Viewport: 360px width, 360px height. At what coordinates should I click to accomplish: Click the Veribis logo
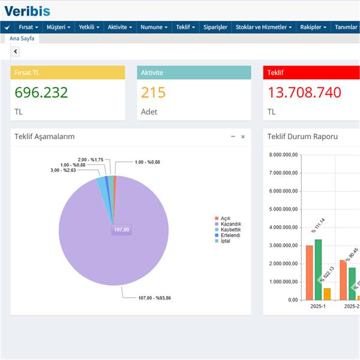pyautogui.click(x=28, y=10)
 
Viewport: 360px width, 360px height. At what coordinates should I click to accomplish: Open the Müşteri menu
pyautogui.click(x=58, y=27)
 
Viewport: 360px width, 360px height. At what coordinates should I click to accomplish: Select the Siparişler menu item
pyautogui.click(x=215, y=27)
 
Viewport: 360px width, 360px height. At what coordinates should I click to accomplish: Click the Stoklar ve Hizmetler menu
pyautogui.click(x=264, y=27)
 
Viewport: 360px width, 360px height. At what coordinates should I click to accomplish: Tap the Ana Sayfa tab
pyautogui.click(x=22, y=38)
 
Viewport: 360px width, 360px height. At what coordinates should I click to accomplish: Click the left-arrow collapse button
pyautogui.click(x=16, y=52)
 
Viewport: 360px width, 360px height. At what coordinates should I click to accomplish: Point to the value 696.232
pyautogui.click(x=41, y=93)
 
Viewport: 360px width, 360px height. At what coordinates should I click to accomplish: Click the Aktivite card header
pyautogui.click(x=194, y=73)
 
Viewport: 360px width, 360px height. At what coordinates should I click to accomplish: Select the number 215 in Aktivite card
pyautogui.click(x=153, y=93)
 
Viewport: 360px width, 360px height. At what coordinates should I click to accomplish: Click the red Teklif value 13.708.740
pyautogui.click(x=304, y=93)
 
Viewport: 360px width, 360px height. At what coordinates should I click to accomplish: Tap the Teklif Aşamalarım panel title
pyautogui.click(x=44, y=137)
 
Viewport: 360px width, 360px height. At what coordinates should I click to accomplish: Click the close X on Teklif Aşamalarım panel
pyautogui.click(x=243, y=137)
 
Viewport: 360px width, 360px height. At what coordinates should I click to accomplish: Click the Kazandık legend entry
pyautogui.click(x=230, y=224)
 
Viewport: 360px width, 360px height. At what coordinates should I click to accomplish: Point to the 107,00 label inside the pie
pyautogui.click(x=122, y=229)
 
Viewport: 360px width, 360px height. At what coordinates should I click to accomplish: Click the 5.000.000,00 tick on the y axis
pyautogui.click(x=281, y=209)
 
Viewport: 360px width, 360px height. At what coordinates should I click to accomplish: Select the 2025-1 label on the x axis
pyautogui.click(x=318, y=306)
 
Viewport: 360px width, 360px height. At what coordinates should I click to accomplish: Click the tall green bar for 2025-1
pyautogui.click(x=318, y=269)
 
